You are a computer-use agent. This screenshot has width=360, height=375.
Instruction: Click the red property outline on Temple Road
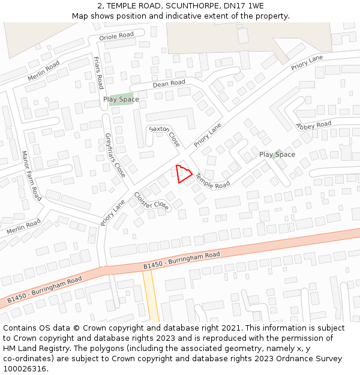tap(184, 174)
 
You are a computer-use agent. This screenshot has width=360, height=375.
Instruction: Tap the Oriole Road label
tap(116, 35)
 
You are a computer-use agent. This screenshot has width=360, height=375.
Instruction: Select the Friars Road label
tap(98, 73)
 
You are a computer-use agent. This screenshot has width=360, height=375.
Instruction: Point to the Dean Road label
tap(169, 83)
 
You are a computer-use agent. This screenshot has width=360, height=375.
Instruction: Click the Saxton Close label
tap(164, 136)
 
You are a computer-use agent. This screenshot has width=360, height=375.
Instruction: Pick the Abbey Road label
tap(313, 125)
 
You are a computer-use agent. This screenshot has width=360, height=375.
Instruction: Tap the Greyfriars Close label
tap(115, 155)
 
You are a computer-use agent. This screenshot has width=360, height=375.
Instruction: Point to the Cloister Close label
tap(151, 201)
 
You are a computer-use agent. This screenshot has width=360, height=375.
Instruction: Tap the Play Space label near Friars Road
tap(121, 100)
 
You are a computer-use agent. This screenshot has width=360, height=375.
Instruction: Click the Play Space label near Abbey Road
tap(277, 155)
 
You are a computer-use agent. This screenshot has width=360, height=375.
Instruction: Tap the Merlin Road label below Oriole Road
tap(43, 71)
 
